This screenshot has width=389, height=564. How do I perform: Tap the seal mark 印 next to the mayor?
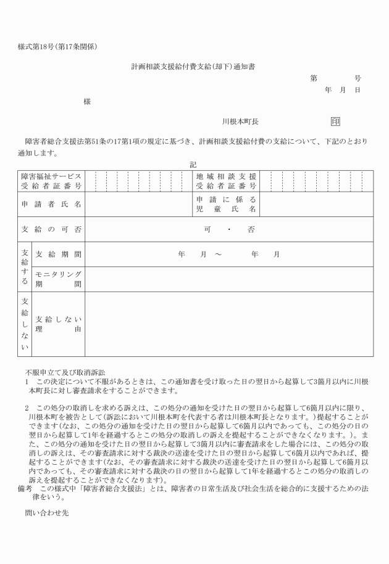point(335,122)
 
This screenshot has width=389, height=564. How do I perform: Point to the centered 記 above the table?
point(193,165)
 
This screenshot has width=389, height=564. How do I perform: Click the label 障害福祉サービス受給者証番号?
point(51,181)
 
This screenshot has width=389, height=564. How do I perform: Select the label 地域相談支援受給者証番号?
point(226,181)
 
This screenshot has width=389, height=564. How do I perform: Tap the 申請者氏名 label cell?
point(51,205)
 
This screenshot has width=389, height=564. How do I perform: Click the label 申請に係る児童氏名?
point(226,205)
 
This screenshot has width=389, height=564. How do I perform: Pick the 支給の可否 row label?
point(51,229)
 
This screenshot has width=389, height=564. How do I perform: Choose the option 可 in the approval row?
point(207,229)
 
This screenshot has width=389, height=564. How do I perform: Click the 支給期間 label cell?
point(59,254)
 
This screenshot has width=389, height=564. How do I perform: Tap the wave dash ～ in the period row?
point(218,254)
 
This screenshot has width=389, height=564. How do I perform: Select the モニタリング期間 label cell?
point(59,279)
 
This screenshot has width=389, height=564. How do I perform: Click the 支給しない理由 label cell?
point(59,324)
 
